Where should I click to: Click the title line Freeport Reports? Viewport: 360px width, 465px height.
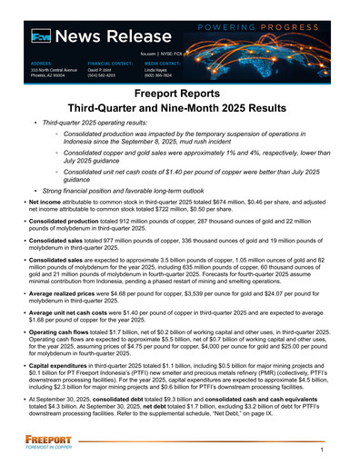tap(179, 94)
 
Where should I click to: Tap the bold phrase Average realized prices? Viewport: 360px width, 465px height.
tap(65, 295)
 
